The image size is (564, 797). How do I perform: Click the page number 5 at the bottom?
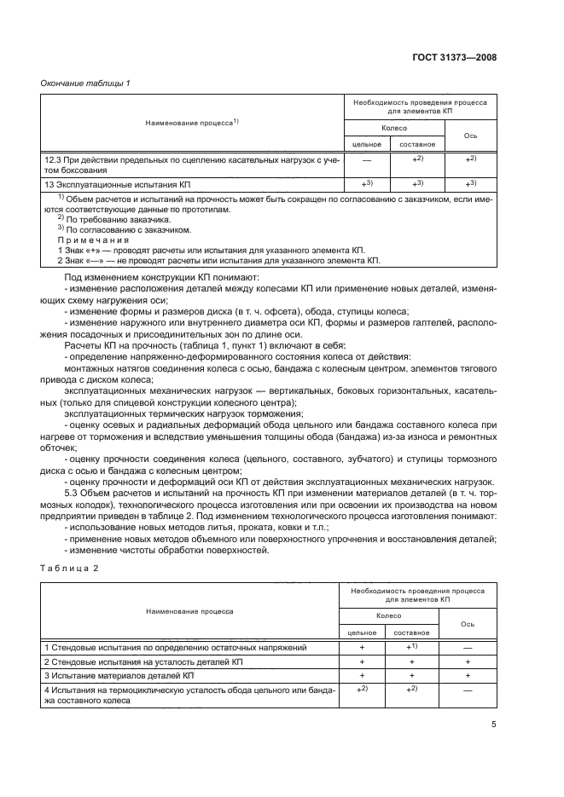tap(494, 724)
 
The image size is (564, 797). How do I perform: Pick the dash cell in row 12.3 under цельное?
tap(365, 159)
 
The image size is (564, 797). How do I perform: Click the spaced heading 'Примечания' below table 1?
tap(78, 240)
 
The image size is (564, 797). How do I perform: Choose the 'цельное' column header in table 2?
tap(362, 632)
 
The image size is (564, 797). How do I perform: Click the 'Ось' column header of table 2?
tap(468, 623)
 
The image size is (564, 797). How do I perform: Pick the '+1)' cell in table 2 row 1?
tap(414, 648)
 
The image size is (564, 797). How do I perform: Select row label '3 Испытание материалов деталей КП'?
tap(119, 675)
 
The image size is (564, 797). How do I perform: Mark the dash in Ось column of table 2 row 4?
tap(468, 693)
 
